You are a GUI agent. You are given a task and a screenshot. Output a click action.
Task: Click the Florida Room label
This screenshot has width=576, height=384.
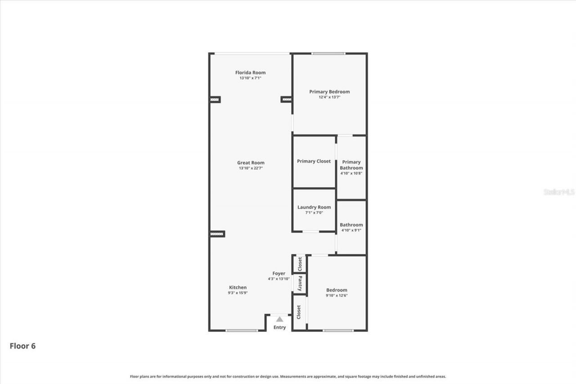pyautogui.click(x=250, y=72)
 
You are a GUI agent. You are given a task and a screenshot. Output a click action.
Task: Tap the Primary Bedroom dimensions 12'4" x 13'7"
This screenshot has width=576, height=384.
pyautogui.click(x=329, y=97)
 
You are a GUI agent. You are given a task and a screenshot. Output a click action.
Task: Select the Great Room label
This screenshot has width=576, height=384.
pyautogui.click(x=251, y=163)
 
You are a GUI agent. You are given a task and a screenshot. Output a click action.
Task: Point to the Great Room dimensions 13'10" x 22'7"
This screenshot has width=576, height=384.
pyautogui.click(x=251, y=168)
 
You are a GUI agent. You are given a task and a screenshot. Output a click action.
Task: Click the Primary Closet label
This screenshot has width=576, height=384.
pyautogui.click(x=314, y=161)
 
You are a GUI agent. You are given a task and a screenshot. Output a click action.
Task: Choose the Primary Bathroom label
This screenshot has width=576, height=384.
pyautogui.click(x=351, y=165)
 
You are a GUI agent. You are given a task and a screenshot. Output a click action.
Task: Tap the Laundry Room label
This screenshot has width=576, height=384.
pyautogui.click(x=314, y=208)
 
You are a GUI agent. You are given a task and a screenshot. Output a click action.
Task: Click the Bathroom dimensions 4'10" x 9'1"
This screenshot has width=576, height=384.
pyautogui.click(x=351, y=230)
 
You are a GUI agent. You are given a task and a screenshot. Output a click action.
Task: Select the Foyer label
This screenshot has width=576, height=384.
pyautogui.click(x=279, y=273)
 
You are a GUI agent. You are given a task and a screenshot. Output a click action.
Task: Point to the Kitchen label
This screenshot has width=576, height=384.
pyautogui.click(x=238, y=287)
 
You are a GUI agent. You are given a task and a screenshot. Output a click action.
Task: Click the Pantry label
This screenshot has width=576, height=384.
pyautogui.click(x=300, y=284)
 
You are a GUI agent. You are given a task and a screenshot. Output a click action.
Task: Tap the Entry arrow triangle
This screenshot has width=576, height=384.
pyautogui.click(x=279, y=319)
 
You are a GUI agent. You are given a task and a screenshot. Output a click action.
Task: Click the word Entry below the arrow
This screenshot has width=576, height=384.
pyautogui.click(x=279, y=327)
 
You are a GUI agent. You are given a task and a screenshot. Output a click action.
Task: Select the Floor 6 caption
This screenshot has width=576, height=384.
pyautogui.click(x=22, y=346)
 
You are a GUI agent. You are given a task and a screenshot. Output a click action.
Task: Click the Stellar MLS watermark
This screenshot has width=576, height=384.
pyautogui.click(x=559, y=192)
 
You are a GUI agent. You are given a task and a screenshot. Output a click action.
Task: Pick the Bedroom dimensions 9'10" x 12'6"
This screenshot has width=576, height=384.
pyautogui.click(x=337, y=295)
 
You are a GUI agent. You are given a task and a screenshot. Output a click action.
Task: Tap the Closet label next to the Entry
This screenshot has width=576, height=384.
pyautogui.click(x=299, y=312)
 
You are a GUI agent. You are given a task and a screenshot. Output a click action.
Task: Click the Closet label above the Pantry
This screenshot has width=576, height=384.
pyautogui.click(x=300, y=264)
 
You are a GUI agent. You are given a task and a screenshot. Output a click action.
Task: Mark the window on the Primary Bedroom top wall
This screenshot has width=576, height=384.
pyautogui.click(x=328, y=54)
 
